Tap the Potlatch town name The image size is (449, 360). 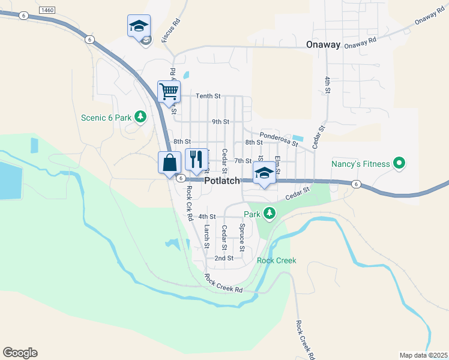[x=222, y=181]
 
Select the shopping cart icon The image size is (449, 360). [x=169, y=92]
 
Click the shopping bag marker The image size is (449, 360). [x=170, y=162]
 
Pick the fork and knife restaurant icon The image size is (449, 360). [x=197, y=160]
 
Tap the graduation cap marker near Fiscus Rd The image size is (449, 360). [x=139, y=26]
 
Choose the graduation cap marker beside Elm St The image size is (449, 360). [x=264, y=173]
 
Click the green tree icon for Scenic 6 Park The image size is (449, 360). [x=140, y=116]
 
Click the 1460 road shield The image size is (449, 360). [x=46, y=10]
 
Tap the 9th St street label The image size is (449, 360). [x=220, y=122]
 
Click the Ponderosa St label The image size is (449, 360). [x=279, y=139]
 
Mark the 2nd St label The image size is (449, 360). [x=224, y=258]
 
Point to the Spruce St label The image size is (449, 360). [x=242, y=236]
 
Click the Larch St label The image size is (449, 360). [x=206, y=236]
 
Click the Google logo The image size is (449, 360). [x=20, y=353]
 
